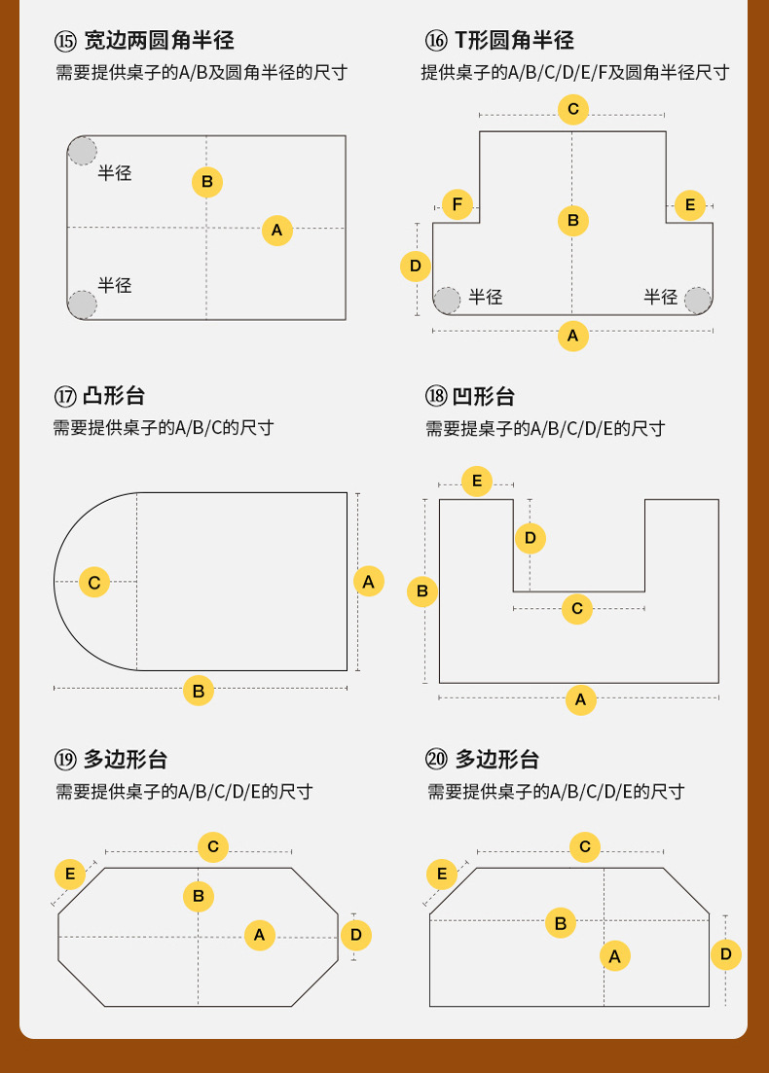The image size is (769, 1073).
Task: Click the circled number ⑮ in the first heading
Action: coord(65,41)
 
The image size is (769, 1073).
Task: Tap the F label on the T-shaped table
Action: coord(458,205)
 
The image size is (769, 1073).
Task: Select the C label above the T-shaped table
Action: coord(573,109)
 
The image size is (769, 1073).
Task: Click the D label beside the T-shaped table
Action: coord(416,266)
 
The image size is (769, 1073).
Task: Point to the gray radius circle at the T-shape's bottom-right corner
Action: coord(698,301)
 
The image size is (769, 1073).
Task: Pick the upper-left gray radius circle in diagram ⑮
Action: coord(83,152)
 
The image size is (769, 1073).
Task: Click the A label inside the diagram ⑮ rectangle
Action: coord(277,231)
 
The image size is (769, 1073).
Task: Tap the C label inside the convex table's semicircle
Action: coord(94,583)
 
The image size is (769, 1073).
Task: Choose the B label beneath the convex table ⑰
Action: coord(199,691)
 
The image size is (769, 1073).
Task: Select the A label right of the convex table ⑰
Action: coord(368,582)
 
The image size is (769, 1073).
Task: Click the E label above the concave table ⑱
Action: coord(477,481)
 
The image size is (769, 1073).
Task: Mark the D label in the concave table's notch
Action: coord(531,537)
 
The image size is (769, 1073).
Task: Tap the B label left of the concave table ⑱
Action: coord(422,590)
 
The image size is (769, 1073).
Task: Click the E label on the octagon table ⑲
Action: coord(70,874)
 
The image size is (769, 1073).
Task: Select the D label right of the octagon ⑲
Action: coord(356,936)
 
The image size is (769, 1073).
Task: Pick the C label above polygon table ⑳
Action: coord(585,847)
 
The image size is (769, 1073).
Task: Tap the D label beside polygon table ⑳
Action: coord(725,954)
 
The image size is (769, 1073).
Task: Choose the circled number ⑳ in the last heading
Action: coord(436,760)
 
